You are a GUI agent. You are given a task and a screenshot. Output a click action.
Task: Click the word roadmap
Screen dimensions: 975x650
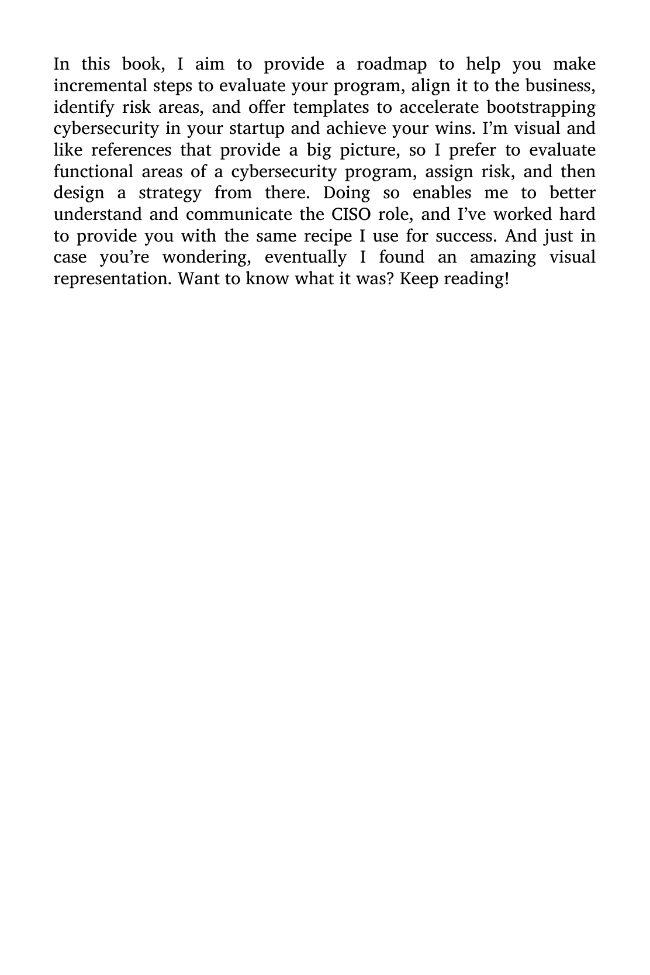click(x=392, y=64)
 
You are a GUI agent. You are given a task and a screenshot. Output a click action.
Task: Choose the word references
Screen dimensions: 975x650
click(x=131, y=150)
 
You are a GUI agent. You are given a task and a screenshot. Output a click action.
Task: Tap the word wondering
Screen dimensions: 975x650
click(x=207, y=257)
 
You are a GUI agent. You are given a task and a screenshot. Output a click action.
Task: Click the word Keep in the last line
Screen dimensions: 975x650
click(x=419, y=279)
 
